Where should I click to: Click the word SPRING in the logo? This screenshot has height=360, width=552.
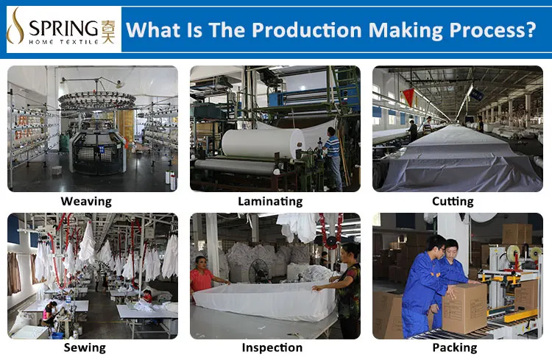(x=63, y=28)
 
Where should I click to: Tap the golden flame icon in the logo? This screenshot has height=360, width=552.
(x=15, y=26)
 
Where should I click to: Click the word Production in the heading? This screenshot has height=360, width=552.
(x=307, y=30)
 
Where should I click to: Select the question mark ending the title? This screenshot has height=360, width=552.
(x=529, y=29)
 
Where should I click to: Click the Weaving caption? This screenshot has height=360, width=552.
(x=86, y=202)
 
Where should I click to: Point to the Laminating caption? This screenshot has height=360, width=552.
(x=270, y=202)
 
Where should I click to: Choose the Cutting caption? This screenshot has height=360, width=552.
(x=453, y=202)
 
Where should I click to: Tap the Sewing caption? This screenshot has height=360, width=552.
(x=85, y=347)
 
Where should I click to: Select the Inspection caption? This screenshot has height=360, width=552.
(x=272, y=347)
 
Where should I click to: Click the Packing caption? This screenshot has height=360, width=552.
(x=455, y=347)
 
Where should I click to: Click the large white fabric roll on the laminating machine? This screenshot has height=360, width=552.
(x=262, y=143)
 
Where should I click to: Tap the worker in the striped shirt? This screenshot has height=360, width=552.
(x=332, y=158)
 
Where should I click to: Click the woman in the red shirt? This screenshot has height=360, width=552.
(x=202, y=278)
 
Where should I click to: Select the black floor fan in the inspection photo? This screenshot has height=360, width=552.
(x=259, y=271)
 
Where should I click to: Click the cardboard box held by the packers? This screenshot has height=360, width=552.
(x=465, y=308)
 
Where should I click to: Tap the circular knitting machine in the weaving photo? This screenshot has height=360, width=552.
(x=97, y=134)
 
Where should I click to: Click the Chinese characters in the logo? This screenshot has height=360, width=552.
(x=107, y=32)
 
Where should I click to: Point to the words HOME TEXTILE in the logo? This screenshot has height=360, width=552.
(x=63, y=42)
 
